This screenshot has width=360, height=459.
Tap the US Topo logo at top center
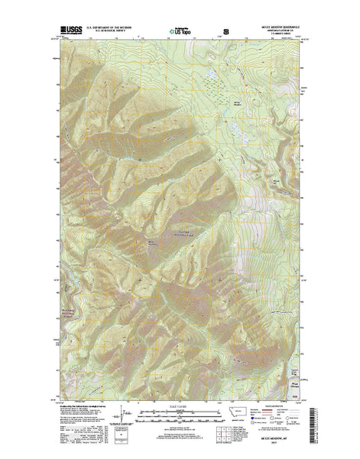[179, 33]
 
